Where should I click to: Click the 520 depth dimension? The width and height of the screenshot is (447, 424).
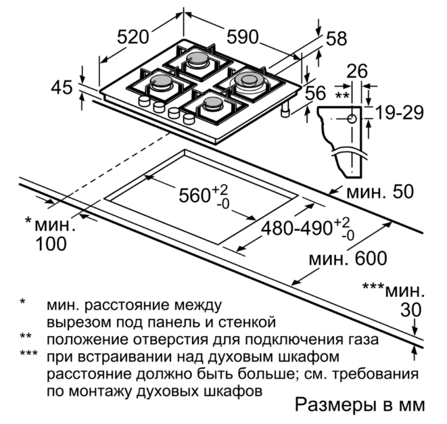point(133,37)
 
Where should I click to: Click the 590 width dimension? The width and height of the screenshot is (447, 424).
point(243,37)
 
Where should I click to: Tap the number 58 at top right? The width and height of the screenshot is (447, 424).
point(337,39)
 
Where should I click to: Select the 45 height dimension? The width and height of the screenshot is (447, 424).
point(62,87)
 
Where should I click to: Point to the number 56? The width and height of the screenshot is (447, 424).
point(315,93)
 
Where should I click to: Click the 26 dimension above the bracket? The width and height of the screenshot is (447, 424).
point(357,71)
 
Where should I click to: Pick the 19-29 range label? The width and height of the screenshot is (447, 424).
point(400,113)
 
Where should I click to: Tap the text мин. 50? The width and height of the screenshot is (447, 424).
point(380,191)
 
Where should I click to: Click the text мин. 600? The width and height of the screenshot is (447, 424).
point(348,258)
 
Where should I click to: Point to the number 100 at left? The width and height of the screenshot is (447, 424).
point(51,244)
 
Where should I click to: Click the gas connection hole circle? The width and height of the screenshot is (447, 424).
point(352,118)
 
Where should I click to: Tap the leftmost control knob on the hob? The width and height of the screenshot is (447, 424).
point(144,101)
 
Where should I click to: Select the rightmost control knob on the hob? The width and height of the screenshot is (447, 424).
point(189,118)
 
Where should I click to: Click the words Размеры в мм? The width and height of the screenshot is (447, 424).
point(360,405)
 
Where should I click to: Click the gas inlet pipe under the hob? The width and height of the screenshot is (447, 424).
point(285,110)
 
